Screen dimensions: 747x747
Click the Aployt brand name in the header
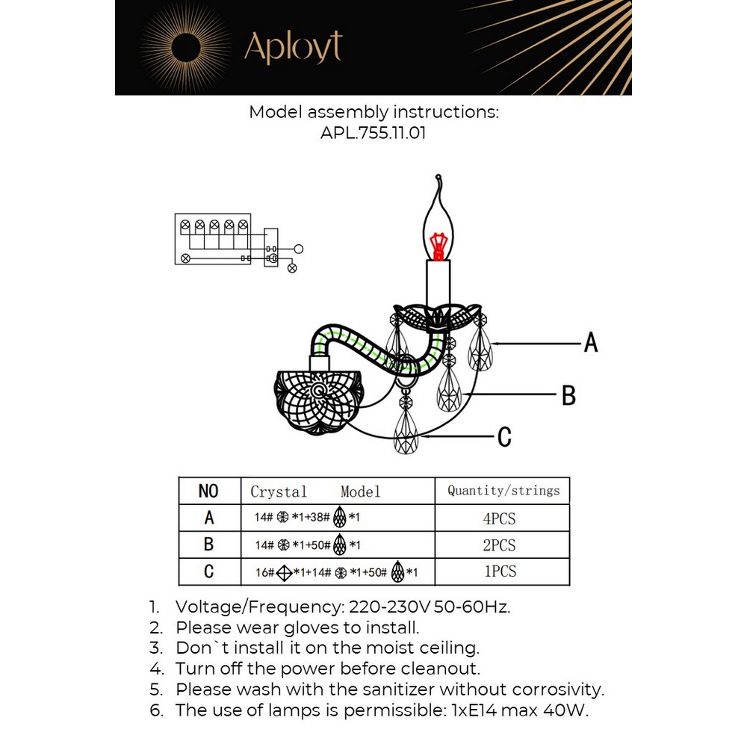293,48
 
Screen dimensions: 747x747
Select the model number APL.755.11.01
373,132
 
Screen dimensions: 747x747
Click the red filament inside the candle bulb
438,244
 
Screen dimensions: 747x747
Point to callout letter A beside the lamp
590,343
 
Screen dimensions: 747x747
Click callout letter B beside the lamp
568,395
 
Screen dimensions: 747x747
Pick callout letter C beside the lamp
504,436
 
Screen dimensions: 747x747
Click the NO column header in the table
208,491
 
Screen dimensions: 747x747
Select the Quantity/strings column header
503,491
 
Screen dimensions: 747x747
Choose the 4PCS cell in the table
500,519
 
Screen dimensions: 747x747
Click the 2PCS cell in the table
500,545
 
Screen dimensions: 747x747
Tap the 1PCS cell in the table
500,571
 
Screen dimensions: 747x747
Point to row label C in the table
208,571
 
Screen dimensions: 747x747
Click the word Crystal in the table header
279,492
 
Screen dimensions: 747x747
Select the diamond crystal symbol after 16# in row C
284,573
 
